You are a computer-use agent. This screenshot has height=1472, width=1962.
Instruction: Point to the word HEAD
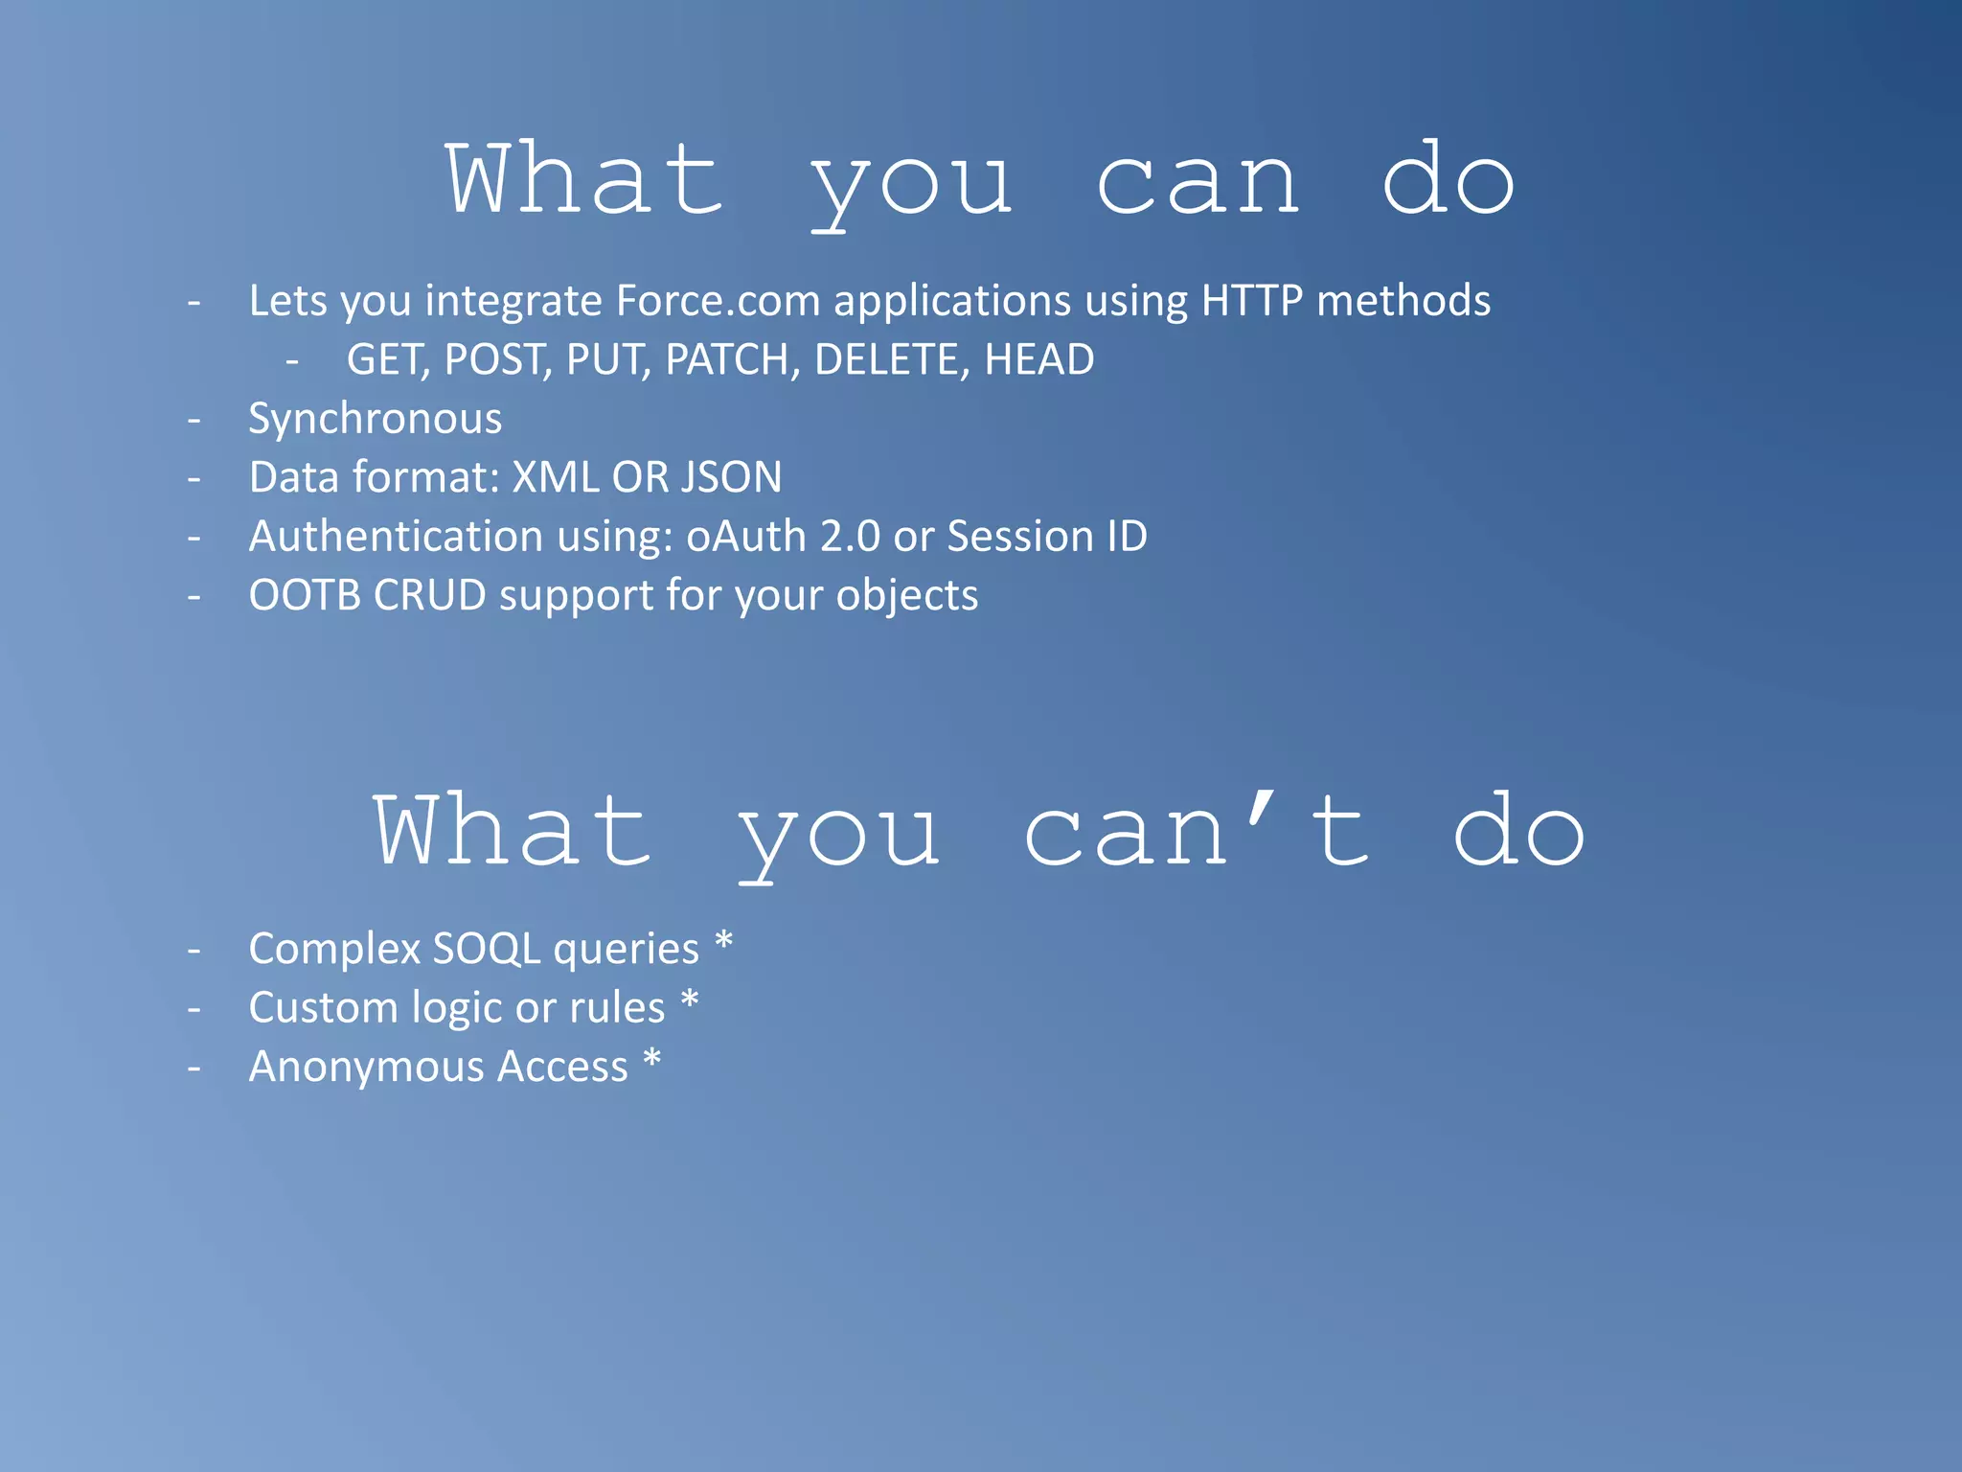1039,360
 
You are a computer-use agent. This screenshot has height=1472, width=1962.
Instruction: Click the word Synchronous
375,420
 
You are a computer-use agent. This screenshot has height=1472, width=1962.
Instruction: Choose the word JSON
730,477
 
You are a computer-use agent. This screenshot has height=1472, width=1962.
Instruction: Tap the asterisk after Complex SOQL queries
724,942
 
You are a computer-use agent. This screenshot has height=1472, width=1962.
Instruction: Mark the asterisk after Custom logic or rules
690,1001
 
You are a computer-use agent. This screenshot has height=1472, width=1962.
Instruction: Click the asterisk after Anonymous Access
652,1060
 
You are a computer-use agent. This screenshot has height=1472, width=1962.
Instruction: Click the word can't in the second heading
1198,832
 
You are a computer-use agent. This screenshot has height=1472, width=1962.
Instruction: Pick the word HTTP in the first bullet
1252,301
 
